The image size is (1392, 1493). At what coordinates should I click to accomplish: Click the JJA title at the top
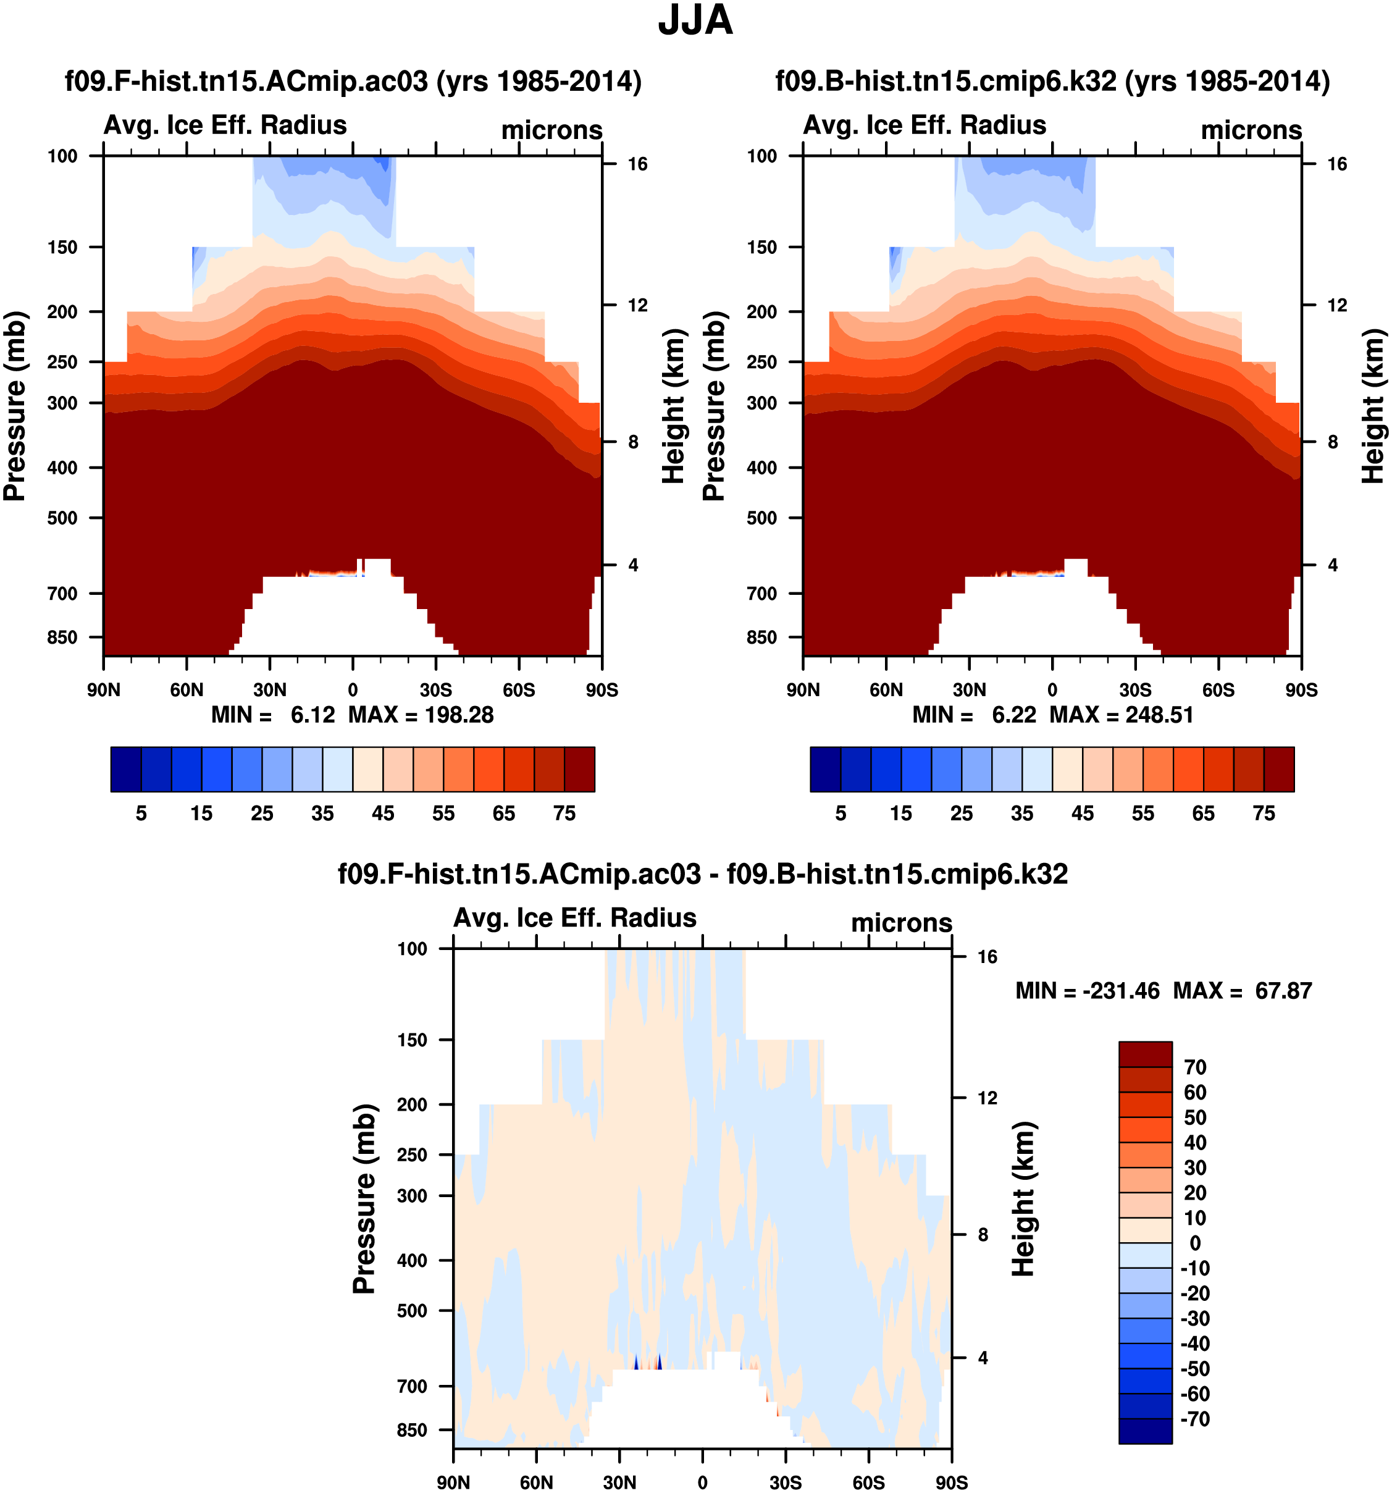[x=695, y=21]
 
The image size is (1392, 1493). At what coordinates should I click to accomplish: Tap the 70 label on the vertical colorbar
[x=1194, y=1067]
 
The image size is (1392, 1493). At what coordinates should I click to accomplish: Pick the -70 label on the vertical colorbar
[x=1194, y=1419]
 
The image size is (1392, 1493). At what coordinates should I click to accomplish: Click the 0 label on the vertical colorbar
[x=1194, y=1243]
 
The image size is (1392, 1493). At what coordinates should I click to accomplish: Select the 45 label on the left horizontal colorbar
[x=383, y=814]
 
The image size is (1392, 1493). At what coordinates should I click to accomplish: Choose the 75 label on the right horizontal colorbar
[x=1264, y=814]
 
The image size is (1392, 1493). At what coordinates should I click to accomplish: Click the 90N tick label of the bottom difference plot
[x=453, y=1482]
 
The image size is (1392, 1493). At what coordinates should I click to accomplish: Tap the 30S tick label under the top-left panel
[x=435, y=690]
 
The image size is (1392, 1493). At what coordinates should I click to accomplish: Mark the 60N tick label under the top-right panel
[x=886, y=690]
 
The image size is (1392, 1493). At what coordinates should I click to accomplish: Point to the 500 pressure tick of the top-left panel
[x=62, y=518]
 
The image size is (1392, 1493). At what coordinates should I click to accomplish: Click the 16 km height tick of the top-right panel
[x=1336, y=164]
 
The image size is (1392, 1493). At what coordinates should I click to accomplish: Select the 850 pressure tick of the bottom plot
[x=412, y=1431]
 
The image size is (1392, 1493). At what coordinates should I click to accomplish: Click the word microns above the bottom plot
[x=901, y=923]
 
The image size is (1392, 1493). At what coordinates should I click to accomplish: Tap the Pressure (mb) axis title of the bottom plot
[x=364, y=1200]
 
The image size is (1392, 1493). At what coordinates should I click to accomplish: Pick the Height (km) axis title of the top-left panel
[x=674, y=406]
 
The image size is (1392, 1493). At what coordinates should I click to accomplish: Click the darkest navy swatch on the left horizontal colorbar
[x=126, y=769]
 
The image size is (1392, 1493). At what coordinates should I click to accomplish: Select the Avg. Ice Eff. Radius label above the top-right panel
[x=925, y=125]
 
